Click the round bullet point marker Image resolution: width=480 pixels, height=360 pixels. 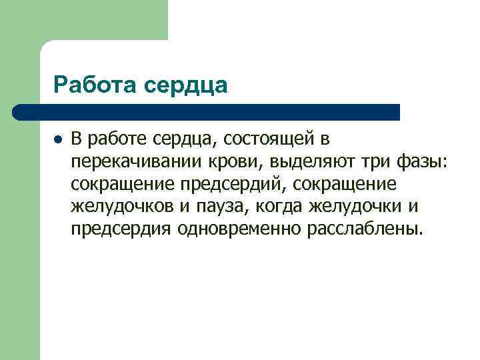point(58,140)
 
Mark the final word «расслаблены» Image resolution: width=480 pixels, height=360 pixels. point(363,230)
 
